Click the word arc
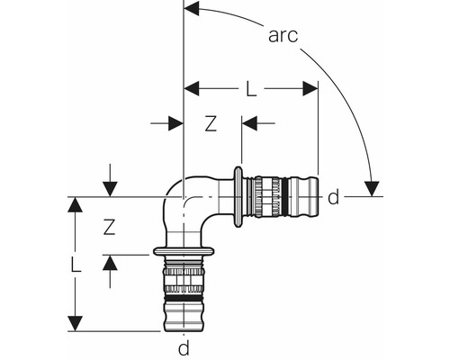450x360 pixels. (x=283, y=35)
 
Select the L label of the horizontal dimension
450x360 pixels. (x=252, y=89)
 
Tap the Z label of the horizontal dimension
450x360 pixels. (x=210, y=125)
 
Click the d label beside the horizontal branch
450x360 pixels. (x=333, y=197)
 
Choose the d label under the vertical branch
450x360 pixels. (x=183, y=347)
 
